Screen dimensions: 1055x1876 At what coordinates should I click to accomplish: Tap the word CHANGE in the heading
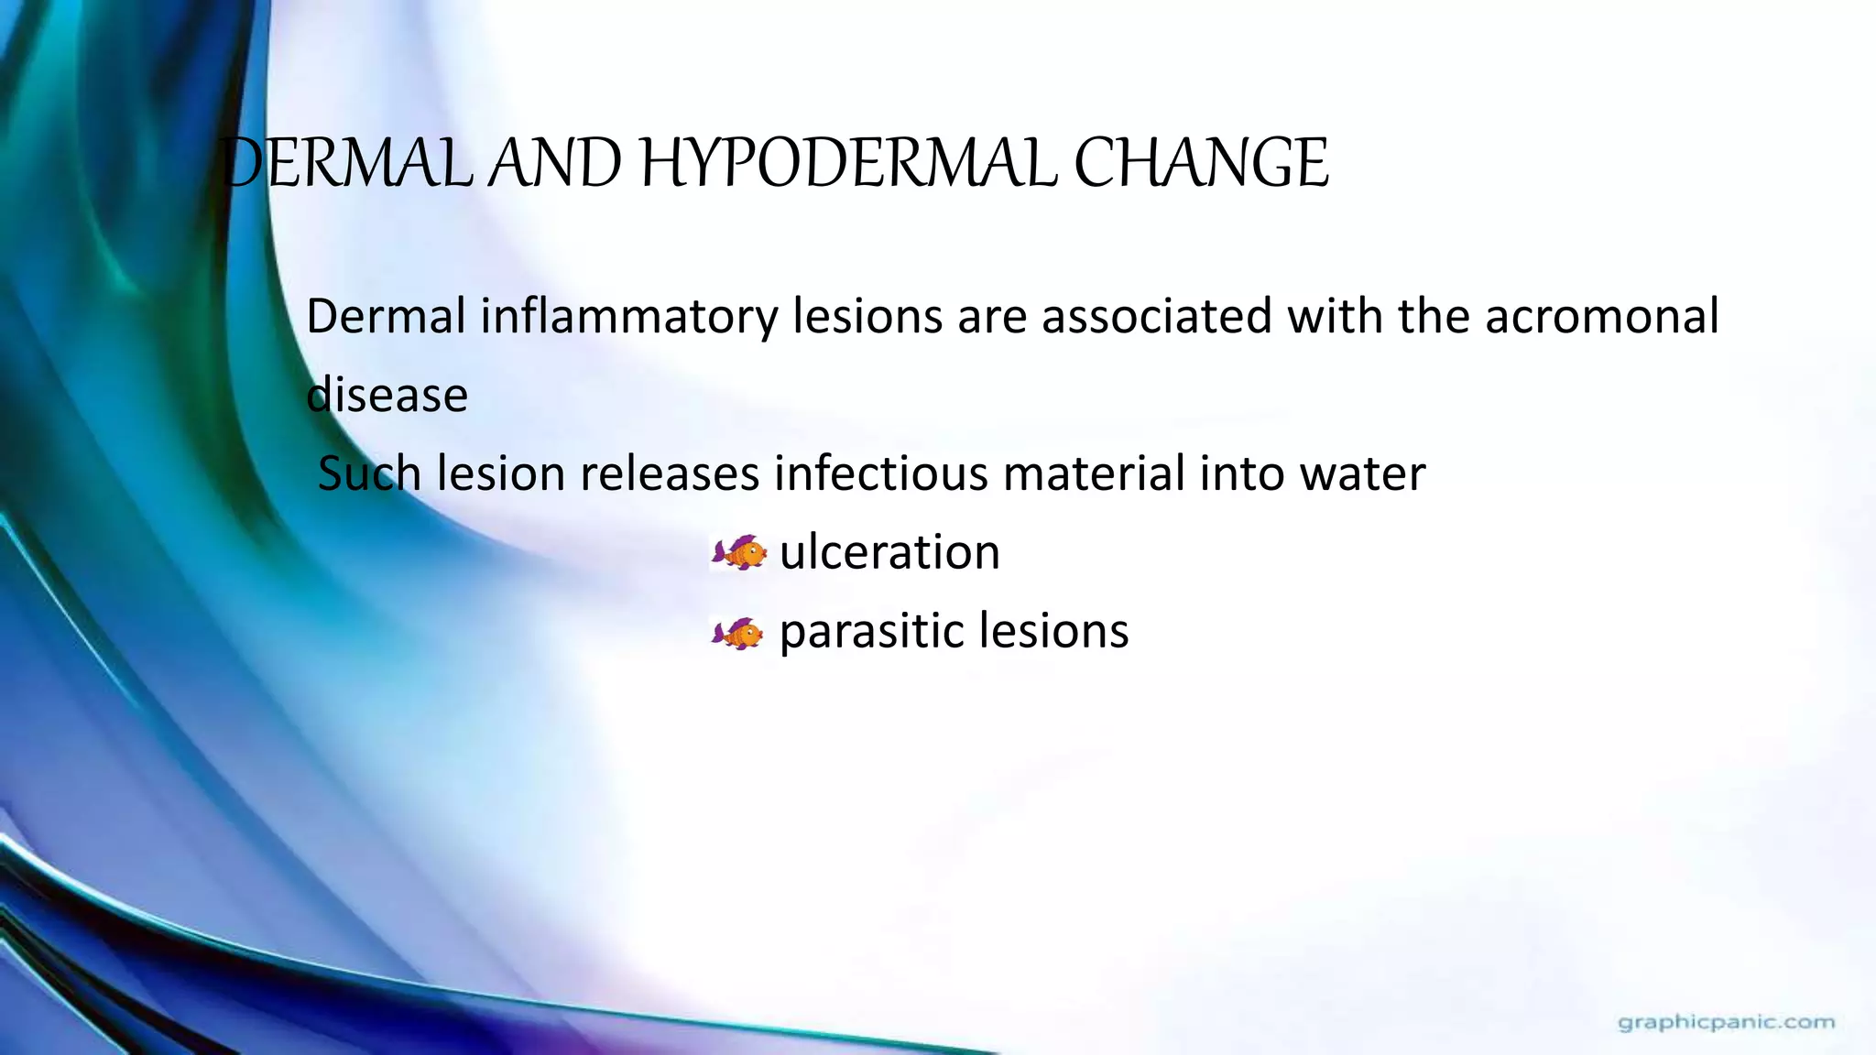coord(1201,165)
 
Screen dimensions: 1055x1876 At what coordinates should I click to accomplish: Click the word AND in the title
coord(554,165)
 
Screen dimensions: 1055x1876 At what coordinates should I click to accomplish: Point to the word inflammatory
coord(628,317)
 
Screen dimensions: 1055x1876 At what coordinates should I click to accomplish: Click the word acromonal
coord(1601,317)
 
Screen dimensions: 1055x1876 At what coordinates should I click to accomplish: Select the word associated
coord(1157,317)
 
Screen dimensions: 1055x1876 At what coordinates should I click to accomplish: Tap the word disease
coord(387,396)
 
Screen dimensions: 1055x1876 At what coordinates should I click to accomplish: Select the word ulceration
coord(889,552)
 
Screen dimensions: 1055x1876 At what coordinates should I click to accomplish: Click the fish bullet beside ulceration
coord(739,553)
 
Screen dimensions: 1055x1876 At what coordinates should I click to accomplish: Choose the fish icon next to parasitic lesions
coord(737,633)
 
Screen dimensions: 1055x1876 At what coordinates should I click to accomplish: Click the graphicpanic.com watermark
coord(1727,1022)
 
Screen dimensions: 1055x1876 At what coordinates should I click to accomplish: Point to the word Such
coord(370,474)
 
